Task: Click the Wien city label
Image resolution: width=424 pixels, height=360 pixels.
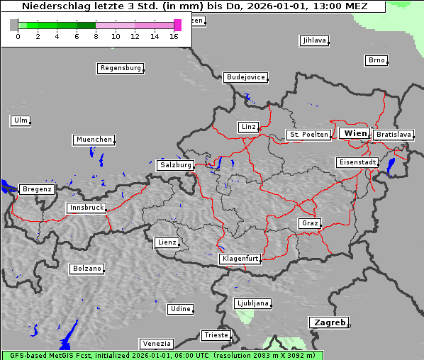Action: coord(355,133)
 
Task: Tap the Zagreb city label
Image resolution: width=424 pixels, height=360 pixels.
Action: coord(328,322)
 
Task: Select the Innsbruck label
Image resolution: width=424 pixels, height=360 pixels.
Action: coord(86,208)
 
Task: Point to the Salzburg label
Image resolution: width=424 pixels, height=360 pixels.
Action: coord(175,165)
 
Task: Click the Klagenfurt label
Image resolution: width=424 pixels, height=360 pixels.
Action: coord(240,259)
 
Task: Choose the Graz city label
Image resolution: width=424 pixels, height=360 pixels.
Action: coord(309,224)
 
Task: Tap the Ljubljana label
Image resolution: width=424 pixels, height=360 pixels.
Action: coord(252,303)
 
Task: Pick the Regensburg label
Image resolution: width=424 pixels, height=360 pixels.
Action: coord(120,69)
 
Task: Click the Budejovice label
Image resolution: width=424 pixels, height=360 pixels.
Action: coord(245,77)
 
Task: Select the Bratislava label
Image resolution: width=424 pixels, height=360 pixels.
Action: coord(393,135)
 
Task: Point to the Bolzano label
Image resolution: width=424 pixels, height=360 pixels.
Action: coord(87,269)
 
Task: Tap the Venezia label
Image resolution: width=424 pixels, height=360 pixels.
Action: coord(156,344)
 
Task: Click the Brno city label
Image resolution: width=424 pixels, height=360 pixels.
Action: coord(376,60)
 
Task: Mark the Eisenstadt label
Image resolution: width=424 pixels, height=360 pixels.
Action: coord(357,163)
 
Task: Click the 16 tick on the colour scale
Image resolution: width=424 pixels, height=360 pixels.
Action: coord(173,36)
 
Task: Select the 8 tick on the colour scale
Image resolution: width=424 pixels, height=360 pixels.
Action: coord(95,36)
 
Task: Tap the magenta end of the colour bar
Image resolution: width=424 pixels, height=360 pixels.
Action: coord(177,25)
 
